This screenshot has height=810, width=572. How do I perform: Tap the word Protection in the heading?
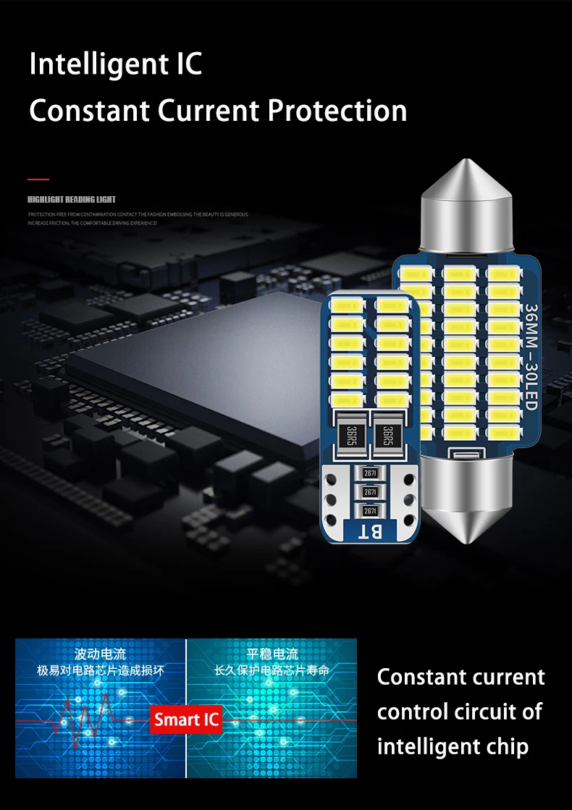pos(337,111)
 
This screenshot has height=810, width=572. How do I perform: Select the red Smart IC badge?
pos(186,720)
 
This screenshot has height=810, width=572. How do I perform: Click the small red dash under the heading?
pos(38,179)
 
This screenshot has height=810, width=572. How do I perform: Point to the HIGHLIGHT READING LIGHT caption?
pos(72,199)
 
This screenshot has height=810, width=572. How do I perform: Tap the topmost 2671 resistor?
pos(369,473)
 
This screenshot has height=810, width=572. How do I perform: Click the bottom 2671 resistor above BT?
pos(369,511)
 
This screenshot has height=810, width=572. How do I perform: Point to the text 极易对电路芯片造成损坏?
pos(101,671)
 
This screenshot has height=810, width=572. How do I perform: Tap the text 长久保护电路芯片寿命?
pos(272,671)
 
